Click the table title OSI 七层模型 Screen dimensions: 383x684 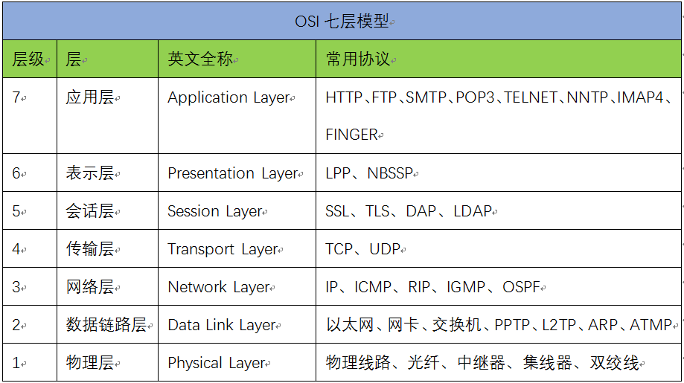pos(342,21)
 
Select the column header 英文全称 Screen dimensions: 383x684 pos(200,59)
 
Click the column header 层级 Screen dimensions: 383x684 pos(28,59)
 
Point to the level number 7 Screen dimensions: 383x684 pos(16,97)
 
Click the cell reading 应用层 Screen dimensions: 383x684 pos(90,97)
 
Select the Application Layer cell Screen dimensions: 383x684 pos(228,97)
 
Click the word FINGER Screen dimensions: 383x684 pos(351,135)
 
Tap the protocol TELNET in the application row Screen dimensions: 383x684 pos(531,97)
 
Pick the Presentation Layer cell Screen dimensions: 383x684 pos(232,173)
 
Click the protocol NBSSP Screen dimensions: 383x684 pos(390,173)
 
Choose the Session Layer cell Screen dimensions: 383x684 pos(214,211)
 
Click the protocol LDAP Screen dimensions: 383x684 pos(473,211)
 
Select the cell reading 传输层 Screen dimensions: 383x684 pos(90,249)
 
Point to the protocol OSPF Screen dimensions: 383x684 pos(521,287)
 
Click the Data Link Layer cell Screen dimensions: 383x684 pos(221,325)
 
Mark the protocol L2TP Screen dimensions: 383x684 pos(559,325)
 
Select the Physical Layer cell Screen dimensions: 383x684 pos(217,363)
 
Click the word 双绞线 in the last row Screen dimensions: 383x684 pos(614,363)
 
